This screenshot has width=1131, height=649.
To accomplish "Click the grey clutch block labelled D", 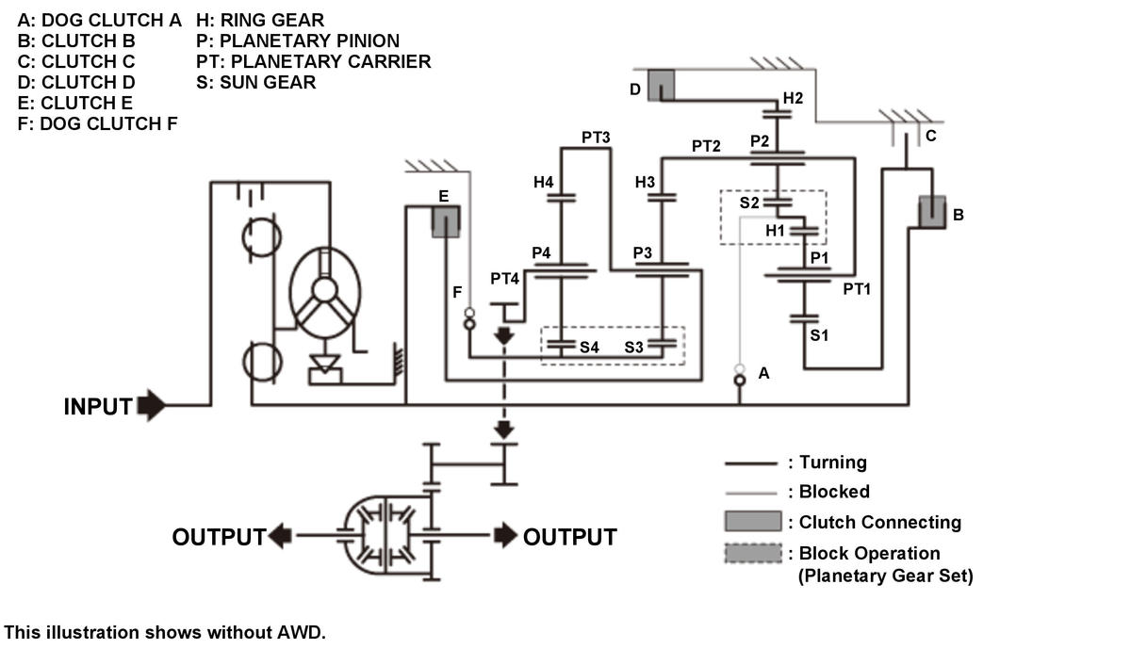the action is click(x=661, y=86).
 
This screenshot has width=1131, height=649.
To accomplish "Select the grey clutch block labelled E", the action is click(x=446, y=221).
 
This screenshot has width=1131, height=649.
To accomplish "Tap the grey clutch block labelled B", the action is click(x=932, y=213).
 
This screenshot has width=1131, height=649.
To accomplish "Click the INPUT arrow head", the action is click(x=152, y=405).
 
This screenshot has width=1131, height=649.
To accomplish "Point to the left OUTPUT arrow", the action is click(x=280, y=535).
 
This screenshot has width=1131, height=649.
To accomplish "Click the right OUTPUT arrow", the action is click(x=505, y=535).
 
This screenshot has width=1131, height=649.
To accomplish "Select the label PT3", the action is click(x=596, y=138).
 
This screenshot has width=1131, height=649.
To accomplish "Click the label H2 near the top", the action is click(x=793, y=98).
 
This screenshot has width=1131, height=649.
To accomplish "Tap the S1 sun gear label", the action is click(x=819, y=335).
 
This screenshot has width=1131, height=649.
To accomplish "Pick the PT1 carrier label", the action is click(x=857, y=289).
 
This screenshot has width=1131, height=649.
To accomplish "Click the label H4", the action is click(x=543, y=182).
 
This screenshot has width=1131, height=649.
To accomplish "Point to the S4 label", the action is click(x=589, y=348).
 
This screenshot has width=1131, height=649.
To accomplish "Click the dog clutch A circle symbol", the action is click(x=740, y=380).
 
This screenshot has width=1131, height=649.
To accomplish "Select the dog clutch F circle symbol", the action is click(x=469, y=323).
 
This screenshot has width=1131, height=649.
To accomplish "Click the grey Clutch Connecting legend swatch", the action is click(x=753, y=521).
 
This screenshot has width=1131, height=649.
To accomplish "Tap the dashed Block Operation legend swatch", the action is click(x=753, y=553).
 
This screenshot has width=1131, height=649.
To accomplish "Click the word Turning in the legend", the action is click(x=833, y=462).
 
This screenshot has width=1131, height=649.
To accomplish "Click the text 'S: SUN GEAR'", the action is click(x=256, y=82).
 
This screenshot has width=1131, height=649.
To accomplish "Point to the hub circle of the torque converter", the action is click(x=324, y=290).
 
